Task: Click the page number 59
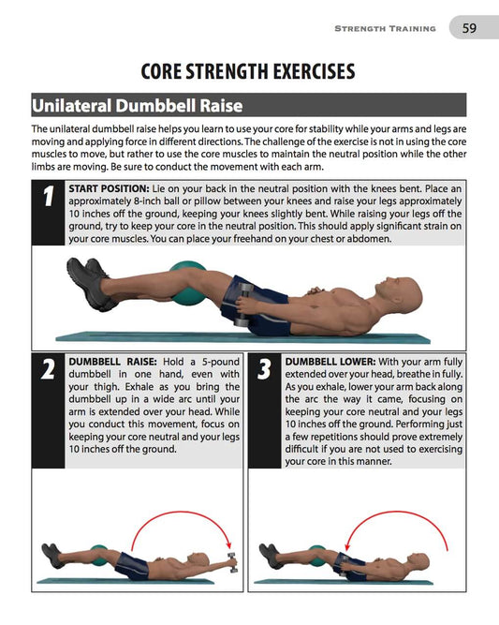pos(469,28)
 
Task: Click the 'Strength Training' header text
pos(385,29)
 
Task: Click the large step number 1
pos(47,198)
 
